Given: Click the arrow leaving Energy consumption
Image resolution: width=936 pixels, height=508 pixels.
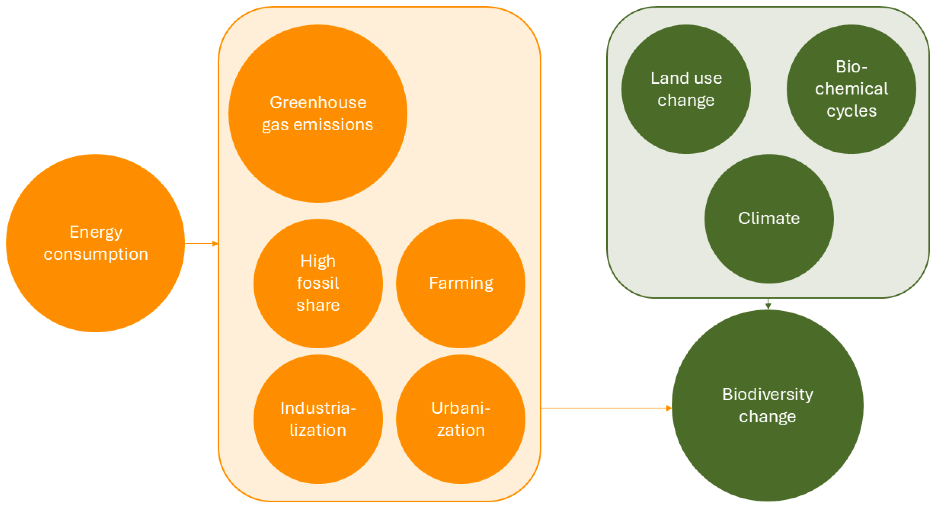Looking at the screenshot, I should coord(201,243).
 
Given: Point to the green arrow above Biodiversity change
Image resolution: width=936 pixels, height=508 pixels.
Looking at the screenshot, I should coord(768,304).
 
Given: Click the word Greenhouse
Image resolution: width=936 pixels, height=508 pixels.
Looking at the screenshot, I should coord(318,102).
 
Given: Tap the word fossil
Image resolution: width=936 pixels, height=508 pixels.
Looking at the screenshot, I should coord(318,283).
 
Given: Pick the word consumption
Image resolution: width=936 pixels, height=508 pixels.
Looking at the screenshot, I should coord(96,254).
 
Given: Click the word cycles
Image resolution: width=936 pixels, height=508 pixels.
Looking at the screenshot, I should coord(851,111).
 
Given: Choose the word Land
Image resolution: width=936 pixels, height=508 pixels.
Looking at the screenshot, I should coord(665,78).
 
